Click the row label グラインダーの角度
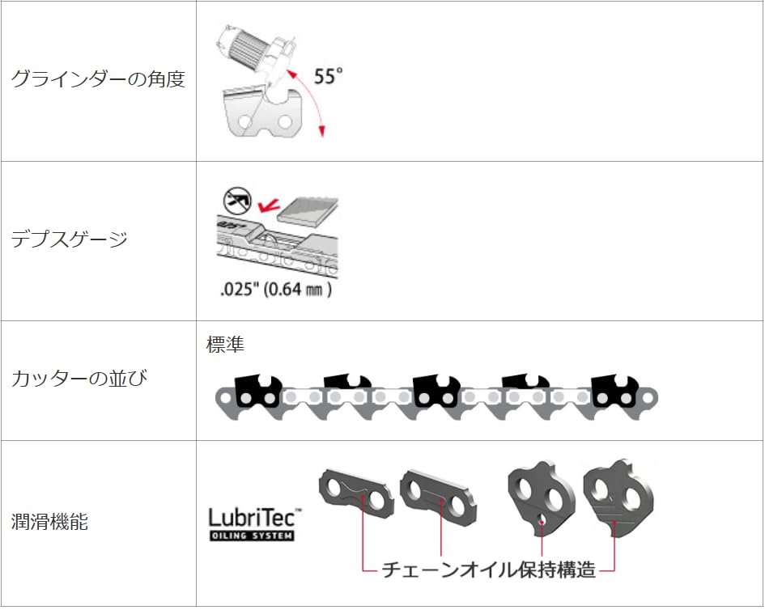(98, 79)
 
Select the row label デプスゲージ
(70, 239)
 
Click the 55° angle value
(328, 78)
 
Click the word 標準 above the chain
(225, 344)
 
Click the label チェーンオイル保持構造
(488, 570)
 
